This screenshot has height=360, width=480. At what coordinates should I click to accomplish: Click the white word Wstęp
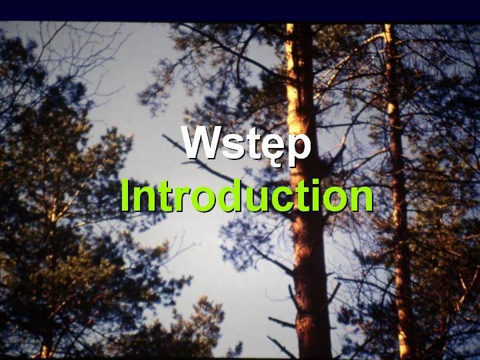point(246,145)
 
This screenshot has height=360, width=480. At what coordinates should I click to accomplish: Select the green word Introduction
point(247,196)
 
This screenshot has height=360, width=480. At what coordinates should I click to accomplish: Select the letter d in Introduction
point(227,195)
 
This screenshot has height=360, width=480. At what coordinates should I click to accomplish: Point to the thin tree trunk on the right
point(398,190)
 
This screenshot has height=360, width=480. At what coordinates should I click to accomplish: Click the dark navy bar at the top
point(240,10)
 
